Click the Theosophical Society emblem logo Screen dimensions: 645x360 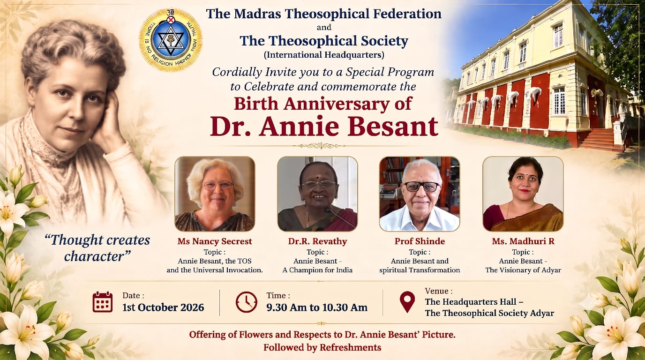coord(171,40)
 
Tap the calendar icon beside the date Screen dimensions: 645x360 coord(103,302)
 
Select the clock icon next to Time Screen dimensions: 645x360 coord(246,302)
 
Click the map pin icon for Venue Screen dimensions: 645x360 coord(407,302)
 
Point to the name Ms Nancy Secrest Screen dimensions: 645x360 coord(215,241)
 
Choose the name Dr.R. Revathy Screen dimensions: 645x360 coord(317,241)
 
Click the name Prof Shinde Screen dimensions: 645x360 coord(420,241)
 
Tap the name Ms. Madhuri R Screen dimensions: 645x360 coord(523,241)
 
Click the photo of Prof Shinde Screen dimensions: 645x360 coord(420,194)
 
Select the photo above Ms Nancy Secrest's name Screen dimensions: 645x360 coord(215,194)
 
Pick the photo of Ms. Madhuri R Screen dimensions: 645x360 coord(523,194)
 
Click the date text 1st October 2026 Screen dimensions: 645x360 coord(163,307)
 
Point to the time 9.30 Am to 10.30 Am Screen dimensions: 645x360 coord(317,307)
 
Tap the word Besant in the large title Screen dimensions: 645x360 coord(393,127)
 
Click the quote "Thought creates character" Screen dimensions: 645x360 coord(97,248)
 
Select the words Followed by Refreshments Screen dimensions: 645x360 coord(322,348)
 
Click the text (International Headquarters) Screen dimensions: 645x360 coord(324,55)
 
